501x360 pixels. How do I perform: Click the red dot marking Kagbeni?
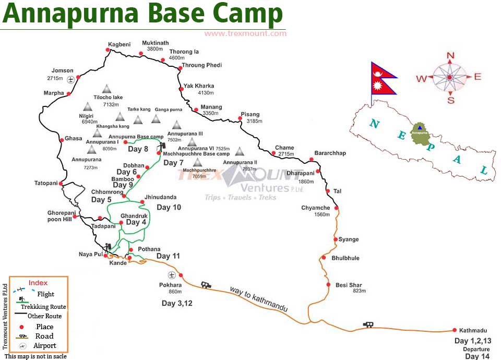click(x=108, y=50)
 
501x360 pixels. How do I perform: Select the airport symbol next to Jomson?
click(x=70, y=79)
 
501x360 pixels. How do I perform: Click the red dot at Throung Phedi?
click(x=180, y=68)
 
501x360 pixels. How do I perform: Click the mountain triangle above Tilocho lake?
click(x=107, y=88)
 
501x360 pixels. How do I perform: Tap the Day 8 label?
click(x=138, y=149)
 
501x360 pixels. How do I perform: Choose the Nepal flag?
click(x=383, y=78)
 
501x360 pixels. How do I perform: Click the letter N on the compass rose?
click(x=451, y=56)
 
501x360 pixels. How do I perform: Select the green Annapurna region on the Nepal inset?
click(x=420, y=132)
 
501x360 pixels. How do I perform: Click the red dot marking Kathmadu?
click(x=454, y=330)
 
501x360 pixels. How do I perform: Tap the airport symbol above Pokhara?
click(x=171, y=274)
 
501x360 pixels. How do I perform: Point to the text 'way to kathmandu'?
click(x=259, y=299)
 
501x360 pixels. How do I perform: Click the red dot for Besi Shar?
click(x=328, y=284)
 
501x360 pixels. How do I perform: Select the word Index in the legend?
click(x=38, y=283)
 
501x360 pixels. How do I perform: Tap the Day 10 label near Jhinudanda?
click(x=169, y=207)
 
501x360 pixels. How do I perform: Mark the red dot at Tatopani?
click(x=61, y=183)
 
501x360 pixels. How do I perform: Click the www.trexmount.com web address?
click(x=245, y=33)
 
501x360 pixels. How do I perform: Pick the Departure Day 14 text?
click(x=476, y=353)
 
